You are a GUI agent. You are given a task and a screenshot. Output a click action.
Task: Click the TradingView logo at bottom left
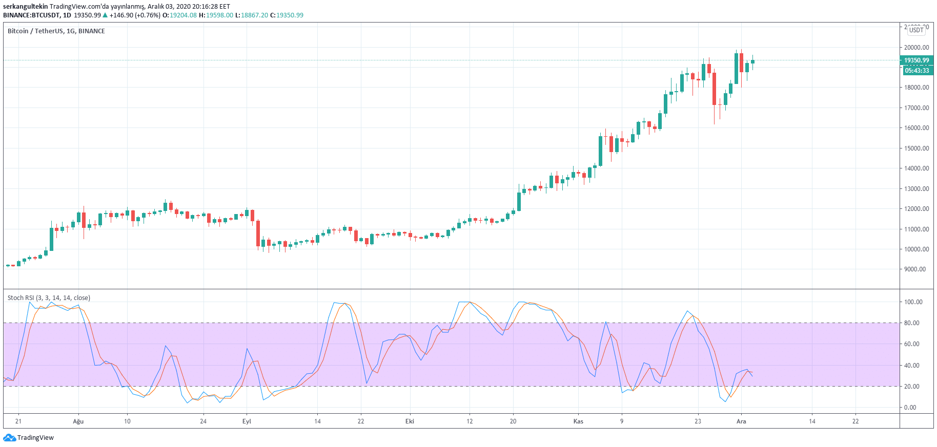point(28,438)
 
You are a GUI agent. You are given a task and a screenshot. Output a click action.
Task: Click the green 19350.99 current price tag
point(916,60)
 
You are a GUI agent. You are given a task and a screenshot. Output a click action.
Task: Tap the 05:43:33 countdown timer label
point(916,71)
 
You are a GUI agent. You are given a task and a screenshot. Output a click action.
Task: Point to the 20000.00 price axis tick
point(916,48)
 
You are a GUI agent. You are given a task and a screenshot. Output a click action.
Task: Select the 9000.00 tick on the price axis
point(915,269)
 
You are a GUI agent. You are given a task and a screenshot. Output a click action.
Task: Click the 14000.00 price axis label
point(916,168)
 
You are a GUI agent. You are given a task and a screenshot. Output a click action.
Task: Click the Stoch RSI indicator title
point(49,298)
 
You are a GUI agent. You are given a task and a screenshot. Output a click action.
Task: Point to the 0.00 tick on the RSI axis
point(910,408)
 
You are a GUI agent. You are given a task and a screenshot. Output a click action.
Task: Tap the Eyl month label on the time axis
point(247,421)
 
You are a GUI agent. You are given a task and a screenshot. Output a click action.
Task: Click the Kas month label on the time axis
point(578,421)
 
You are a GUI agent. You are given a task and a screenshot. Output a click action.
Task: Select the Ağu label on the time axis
point(78,421)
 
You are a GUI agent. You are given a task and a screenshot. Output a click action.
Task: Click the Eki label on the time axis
point(410,421)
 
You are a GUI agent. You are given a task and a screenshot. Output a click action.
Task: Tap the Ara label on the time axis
point(741,421)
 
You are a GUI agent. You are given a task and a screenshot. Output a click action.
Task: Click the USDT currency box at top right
point(916,30)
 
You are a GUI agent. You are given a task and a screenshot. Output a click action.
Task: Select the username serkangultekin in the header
point(25,7)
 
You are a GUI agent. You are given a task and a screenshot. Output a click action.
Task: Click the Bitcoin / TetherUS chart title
point(56,31)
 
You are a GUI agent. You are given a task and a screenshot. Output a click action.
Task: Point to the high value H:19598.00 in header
point(216,15)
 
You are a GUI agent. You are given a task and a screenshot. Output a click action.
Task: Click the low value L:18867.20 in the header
point(251,15)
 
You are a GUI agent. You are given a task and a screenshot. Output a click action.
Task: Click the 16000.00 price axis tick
point(916,128)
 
